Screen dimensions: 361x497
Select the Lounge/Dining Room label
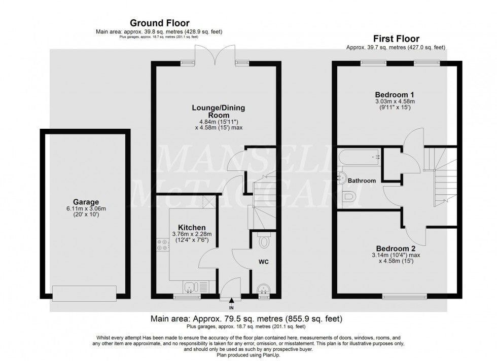[215, 111]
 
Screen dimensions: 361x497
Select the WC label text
[264, 262]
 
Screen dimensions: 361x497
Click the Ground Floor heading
[160, 23]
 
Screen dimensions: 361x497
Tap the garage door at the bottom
[85, 293]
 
